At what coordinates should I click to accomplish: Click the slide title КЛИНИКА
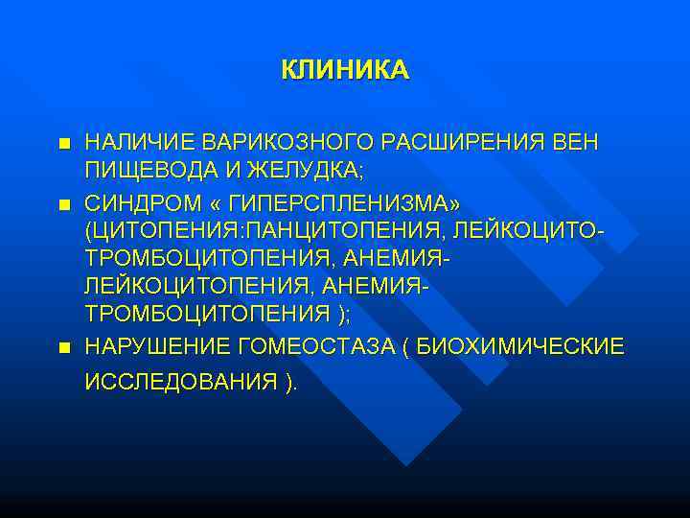click(x=345, y=70)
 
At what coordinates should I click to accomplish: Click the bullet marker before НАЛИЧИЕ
click(x=64, y=144)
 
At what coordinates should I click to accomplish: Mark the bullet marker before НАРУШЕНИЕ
click(x=64, y=346)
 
